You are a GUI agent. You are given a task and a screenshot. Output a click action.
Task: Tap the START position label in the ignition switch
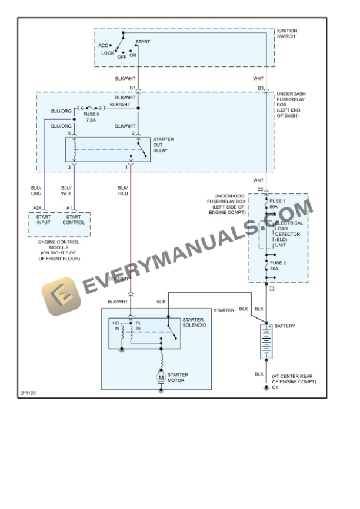pos(142,42)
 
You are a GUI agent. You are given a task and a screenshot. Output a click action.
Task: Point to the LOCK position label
pos(108,53)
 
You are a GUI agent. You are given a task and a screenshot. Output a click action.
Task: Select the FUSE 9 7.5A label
pos(91,116)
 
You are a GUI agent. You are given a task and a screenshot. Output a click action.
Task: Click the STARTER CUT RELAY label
pos(163,145)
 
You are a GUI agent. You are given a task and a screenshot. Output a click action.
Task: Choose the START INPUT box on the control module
pos(44,219)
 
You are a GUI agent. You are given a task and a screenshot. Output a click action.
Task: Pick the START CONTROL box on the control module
pos(74,219)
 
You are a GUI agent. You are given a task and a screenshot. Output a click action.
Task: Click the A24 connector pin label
pos(37,208)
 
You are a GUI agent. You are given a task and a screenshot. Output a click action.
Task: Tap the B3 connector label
pos(261,88)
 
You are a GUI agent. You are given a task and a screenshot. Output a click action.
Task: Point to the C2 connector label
pos(260,189)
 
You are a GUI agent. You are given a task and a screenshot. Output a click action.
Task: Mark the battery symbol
pos(266,341)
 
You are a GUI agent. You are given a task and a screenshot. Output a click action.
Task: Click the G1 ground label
pos(275,387)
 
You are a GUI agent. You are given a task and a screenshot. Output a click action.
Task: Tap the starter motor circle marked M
pos(161,376)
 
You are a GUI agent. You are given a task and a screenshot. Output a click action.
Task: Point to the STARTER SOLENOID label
pos(194,323)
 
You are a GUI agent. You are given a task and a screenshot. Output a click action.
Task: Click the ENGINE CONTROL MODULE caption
pos(59,250)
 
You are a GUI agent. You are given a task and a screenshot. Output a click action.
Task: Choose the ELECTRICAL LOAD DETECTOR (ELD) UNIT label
pos(289,234)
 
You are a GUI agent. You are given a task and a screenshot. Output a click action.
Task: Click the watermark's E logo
pos(59,296)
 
